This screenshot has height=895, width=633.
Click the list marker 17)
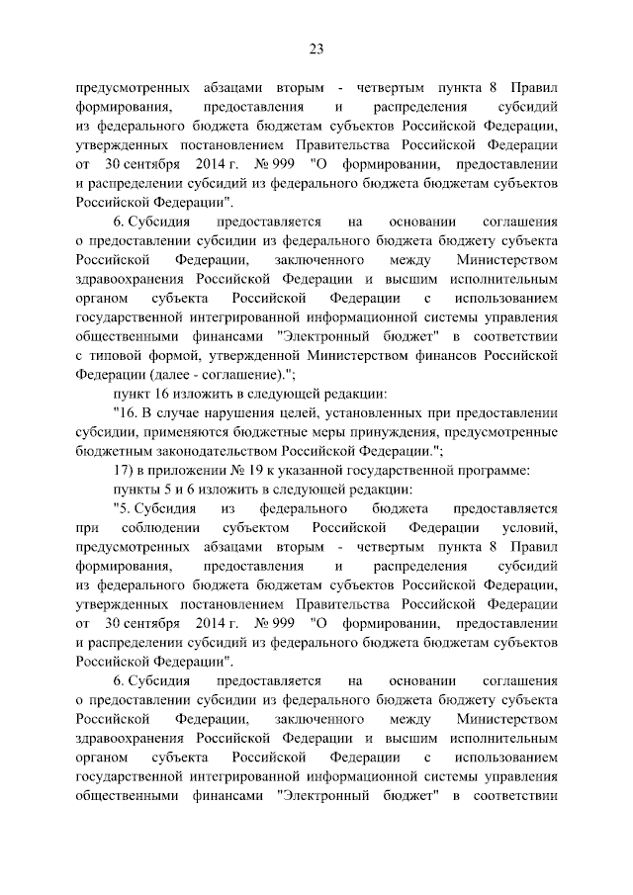123,470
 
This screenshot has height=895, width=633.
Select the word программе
493,470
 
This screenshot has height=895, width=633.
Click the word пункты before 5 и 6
138,489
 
